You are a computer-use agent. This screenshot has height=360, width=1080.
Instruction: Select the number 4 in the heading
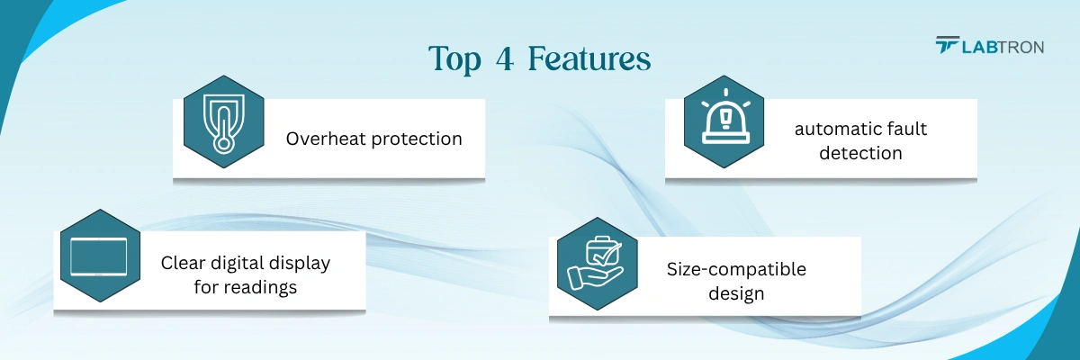pos(504,58)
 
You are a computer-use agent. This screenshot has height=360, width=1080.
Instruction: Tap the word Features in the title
pos(589,58)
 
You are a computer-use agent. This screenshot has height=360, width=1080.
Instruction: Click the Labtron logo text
pos(1003,47)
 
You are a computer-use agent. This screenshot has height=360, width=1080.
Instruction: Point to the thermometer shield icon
pos(224,123)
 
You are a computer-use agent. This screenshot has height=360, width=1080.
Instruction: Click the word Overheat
pos(326,139)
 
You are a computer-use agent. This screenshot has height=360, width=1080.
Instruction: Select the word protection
pos(417,139)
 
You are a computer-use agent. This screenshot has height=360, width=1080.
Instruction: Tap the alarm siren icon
pos(725,117)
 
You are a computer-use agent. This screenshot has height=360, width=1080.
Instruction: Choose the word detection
pos(860,153)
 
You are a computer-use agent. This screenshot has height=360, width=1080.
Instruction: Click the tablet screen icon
pos(99,256)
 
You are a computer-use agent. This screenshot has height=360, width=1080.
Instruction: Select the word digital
pos(238,264)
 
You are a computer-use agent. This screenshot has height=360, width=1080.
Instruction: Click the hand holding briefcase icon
pos(596,263)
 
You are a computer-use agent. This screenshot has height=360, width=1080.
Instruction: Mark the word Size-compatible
pos(736,270)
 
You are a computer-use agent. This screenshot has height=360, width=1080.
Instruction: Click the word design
pos(736,293)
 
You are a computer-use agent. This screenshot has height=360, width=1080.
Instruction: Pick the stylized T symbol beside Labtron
pos(948,45)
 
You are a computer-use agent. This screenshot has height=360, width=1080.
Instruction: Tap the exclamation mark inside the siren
pos(725,116)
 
